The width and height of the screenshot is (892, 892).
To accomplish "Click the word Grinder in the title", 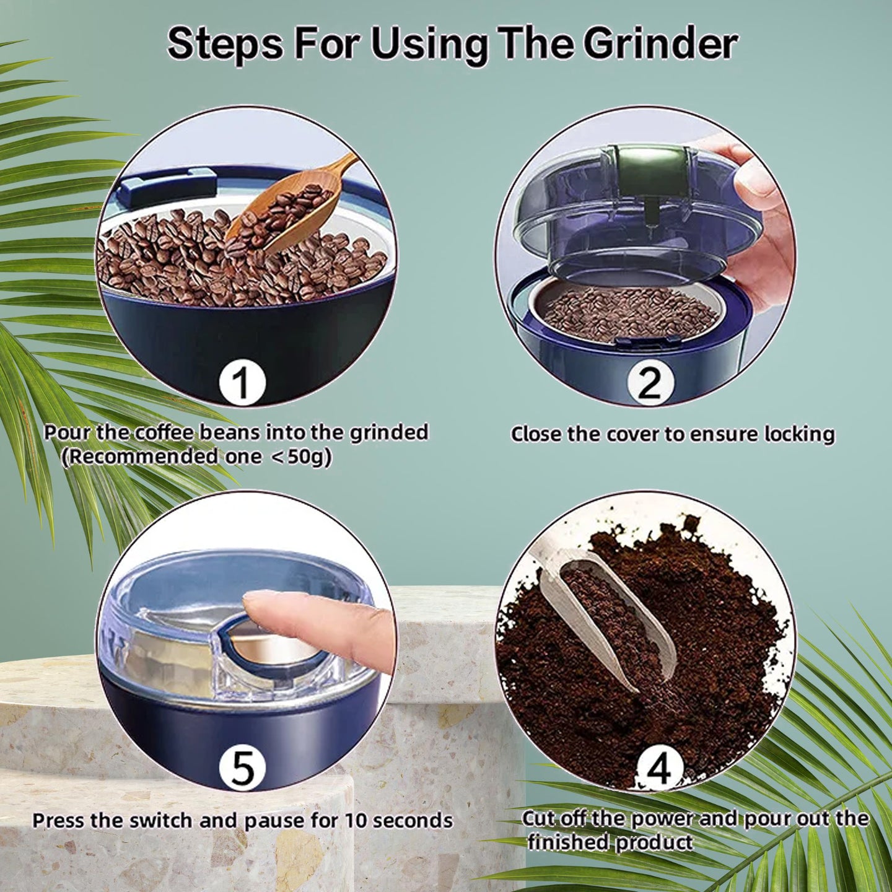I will tap(659, 43).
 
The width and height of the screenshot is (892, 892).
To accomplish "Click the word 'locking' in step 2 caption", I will tap(798, 434).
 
